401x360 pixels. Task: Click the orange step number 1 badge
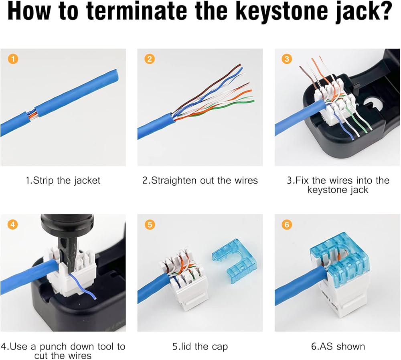tap(13, 59)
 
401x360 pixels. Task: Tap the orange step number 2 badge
tap(150, 59)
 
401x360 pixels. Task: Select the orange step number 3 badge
tap(287, 59)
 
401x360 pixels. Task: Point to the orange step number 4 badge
tap(13, 224)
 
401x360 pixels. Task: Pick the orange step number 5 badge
tap(150, 224)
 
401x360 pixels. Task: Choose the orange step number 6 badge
tap(287, 224)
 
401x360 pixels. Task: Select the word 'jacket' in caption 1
tap(87, 180)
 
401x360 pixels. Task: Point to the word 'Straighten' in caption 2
tap(174, 180)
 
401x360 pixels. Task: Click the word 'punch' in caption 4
tap(54, 347)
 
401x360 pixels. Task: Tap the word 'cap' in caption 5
tap(219, 347)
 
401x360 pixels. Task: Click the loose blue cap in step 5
tap(234, 261)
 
